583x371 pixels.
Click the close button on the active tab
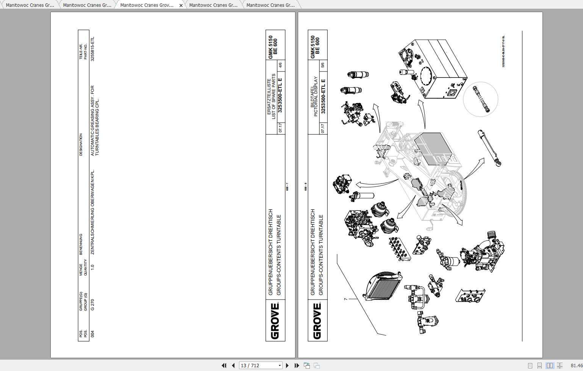coord(181,5)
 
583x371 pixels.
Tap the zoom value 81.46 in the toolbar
coord(576,365)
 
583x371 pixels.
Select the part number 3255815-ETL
coord(92,49)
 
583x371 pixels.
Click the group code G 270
coord(92,305)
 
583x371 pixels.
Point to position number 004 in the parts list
coord(92,334)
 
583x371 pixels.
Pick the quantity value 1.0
coord(92,267)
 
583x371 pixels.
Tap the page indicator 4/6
coord(281,65)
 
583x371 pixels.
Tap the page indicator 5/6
coord(323,65)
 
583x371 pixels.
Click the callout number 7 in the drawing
coord(345,299)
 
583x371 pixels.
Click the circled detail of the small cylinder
coord(480,99)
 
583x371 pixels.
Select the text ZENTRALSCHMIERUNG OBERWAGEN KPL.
coord(93,212)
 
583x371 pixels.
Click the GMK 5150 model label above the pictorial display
coord(313,47)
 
